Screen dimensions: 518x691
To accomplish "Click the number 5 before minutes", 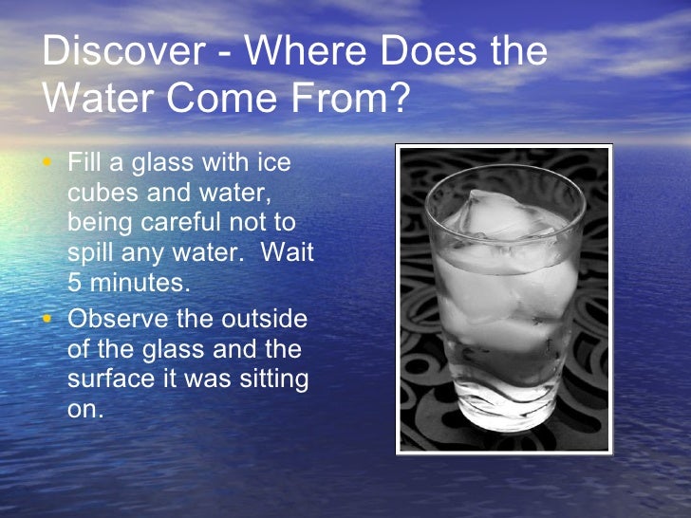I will point(75,283).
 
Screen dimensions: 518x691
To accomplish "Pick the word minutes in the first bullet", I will point(139,283).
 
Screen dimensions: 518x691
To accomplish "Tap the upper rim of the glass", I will point(504,175).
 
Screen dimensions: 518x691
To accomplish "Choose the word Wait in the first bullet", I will point(287,254).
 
